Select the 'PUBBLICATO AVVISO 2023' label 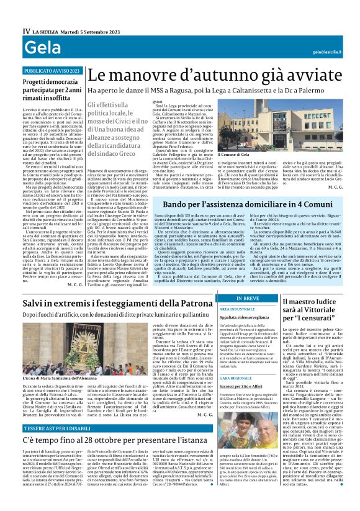pos(52,71)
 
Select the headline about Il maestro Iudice pos(310,310)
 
